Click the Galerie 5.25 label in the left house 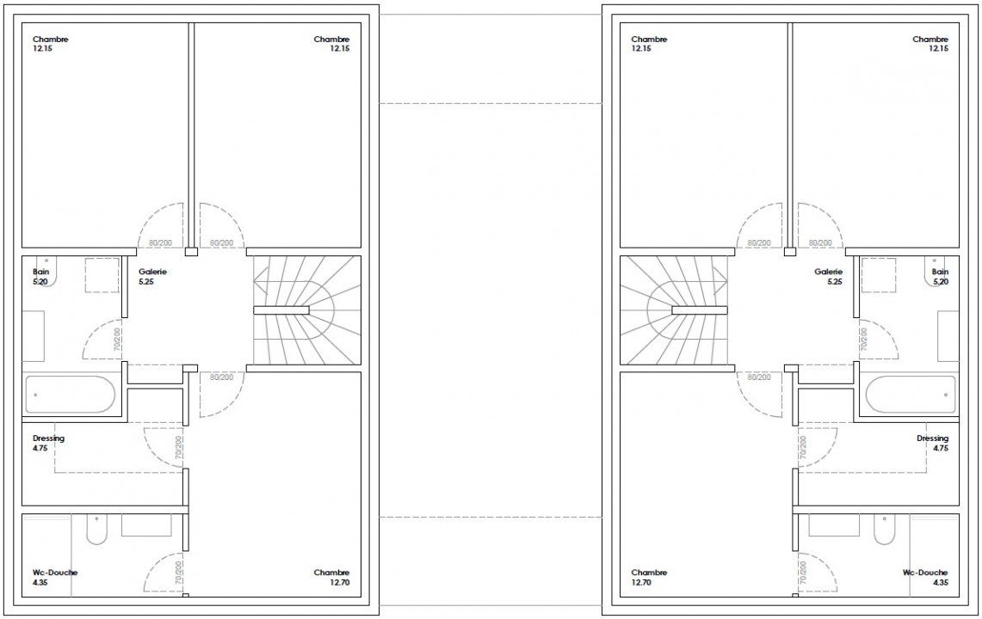click(153, 277)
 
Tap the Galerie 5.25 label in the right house click(828, 277)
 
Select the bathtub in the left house click(70, 395)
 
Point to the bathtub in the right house click(911, 395)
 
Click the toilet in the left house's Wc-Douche click(96, 529)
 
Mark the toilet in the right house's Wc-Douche click(884, 529)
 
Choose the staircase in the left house click(307, 309)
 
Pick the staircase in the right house click(674, 309)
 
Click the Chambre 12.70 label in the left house click(332, 577)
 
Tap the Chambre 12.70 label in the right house click(650, 577)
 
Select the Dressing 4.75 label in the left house click(48, 443)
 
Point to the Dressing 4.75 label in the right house click(933, 443)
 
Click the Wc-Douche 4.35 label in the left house click(55, 577)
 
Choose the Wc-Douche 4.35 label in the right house click(926, 577)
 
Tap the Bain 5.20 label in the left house click(40, 277)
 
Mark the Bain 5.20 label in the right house click(940, 277)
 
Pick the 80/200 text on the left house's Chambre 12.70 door click(222, 377)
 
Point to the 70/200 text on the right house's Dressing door click(803, 448)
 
